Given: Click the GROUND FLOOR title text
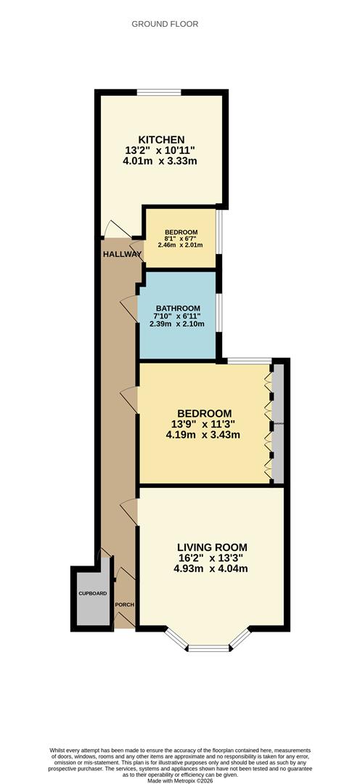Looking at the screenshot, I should point(165,24).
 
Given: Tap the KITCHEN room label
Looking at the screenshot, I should point(161,139).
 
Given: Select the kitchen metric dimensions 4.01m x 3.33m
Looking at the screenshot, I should point(161,161).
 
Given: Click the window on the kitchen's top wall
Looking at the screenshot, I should point(160,92).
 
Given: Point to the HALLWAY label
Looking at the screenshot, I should point(122,254).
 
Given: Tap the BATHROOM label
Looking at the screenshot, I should point(177,308).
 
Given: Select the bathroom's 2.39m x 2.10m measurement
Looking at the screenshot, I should point(177,324).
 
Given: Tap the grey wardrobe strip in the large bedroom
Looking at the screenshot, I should point(277,422).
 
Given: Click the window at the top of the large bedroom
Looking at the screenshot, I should point(249,360).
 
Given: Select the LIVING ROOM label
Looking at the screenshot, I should point(211,547).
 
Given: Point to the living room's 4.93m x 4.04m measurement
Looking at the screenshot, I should point(211,569).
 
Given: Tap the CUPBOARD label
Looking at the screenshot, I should point(92,594).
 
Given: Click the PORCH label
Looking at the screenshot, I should point(125,604).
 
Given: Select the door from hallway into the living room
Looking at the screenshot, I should point(130,511).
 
